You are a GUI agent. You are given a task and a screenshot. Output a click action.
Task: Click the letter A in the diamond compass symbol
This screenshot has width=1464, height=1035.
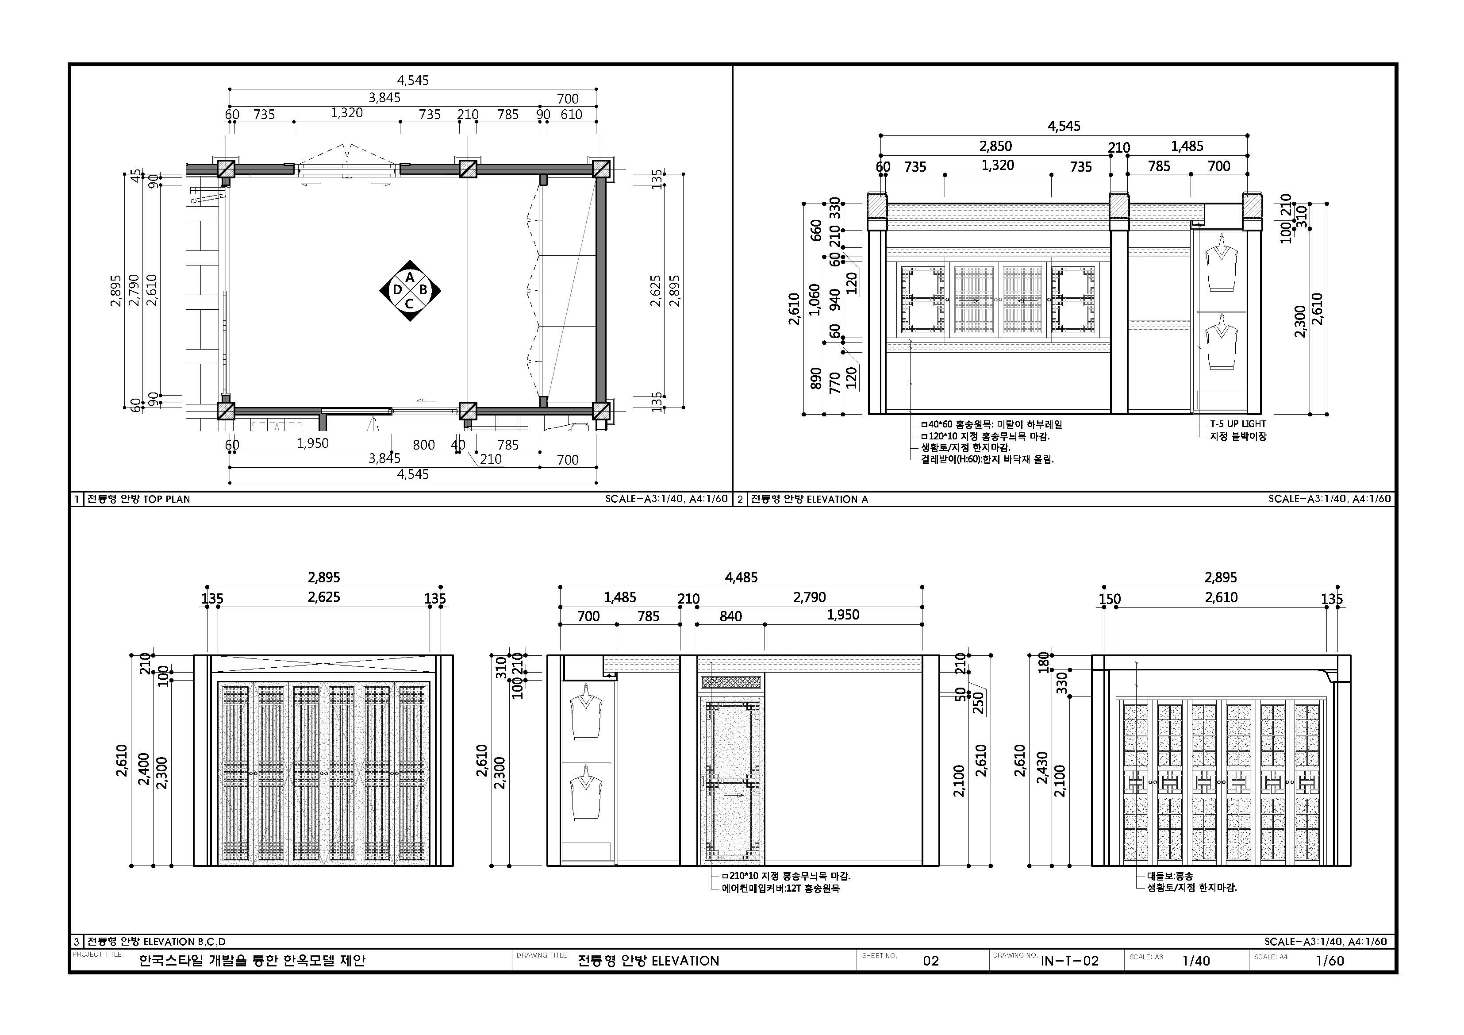pyautogui.click(x=411, y=277)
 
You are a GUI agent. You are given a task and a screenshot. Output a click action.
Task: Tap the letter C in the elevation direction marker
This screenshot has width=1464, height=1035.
pyautogui.click(x=409, y=304)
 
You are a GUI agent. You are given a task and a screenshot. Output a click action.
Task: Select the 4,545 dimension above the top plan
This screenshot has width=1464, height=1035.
pyautogui.click(x=413, y=81)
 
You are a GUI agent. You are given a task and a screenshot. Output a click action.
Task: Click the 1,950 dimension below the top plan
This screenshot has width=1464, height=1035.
pyautogui.click(x=313, y=444)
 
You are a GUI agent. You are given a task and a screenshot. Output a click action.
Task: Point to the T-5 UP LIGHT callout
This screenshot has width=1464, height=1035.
pyautogui.click(x=1237, y=423)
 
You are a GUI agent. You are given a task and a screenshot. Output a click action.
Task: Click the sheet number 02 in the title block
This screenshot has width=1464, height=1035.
pyautogui.click(x=931, y=960)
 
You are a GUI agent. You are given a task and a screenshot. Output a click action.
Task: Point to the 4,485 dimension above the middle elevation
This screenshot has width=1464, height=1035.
pyautogui.click(x=741, y=578)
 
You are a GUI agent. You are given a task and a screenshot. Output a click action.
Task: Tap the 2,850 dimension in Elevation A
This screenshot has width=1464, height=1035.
pyautogui.click(x=995, y=146)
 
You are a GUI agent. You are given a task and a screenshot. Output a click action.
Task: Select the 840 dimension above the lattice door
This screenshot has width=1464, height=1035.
pyautogui.click(x=731, y=616)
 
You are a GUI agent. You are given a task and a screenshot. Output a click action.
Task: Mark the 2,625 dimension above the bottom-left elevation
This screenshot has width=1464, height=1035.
pyautogui.click(x=324, y=597)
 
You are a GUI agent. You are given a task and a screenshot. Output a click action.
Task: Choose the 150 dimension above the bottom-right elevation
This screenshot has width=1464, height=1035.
pyautogui.click(x=1110, y=599)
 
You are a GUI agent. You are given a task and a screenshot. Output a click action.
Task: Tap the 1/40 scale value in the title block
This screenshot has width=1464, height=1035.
pyautogui.click(x=1196, y=960)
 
